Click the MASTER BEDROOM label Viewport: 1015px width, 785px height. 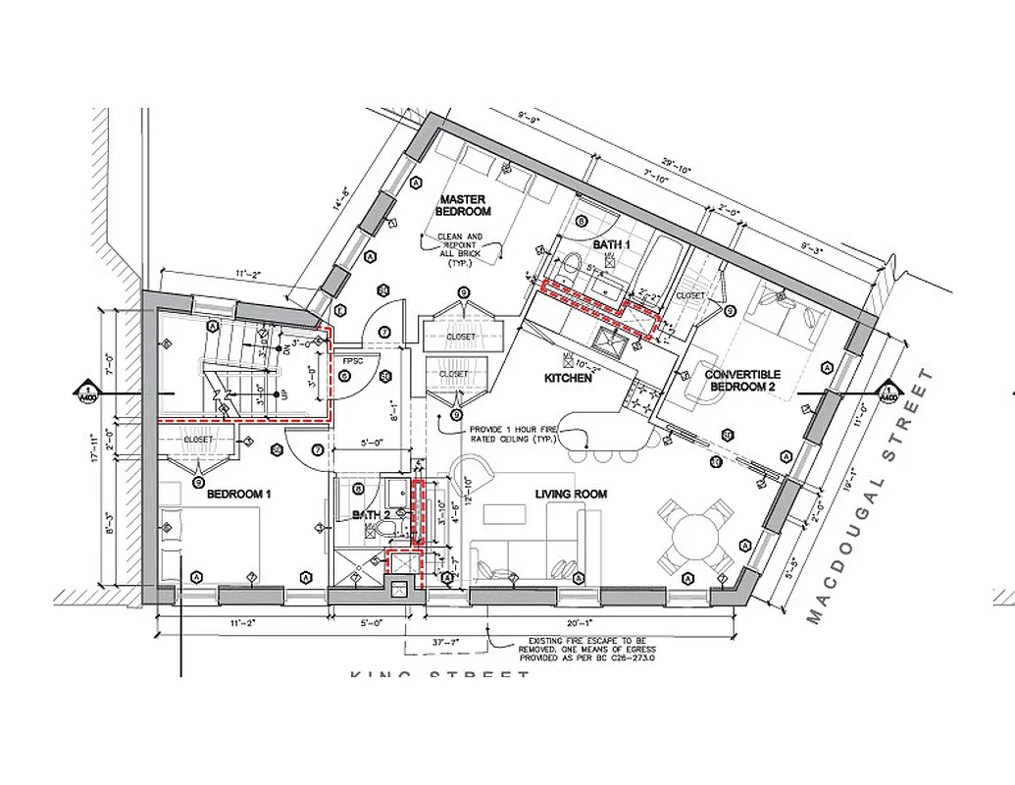[461, 205]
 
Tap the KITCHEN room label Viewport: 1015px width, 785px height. [569, 377]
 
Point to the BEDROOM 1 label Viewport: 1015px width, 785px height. [238, 495]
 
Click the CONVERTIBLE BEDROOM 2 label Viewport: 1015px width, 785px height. [742, 381]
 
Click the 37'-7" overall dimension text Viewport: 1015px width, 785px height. [447, 642]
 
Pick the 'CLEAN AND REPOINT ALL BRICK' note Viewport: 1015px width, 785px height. [460, 251]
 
